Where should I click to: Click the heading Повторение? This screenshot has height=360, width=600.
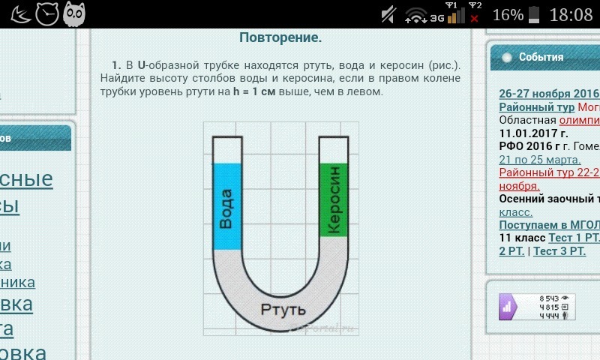280,37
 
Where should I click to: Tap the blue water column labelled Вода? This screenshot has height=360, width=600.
226,206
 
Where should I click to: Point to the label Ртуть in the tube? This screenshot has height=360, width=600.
283,309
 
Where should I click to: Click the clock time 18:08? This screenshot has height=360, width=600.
571,14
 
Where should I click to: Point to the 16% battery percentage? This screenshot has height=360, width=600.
507,14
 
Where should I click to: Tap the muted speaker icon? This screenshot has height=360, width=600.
388,14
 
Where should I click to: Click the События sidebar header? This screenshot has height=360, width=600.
541,57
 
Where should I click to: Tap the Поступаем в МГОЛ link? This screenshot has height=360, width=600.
549,225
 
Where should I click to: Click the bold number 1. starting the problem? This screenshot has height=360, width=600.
116,64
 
